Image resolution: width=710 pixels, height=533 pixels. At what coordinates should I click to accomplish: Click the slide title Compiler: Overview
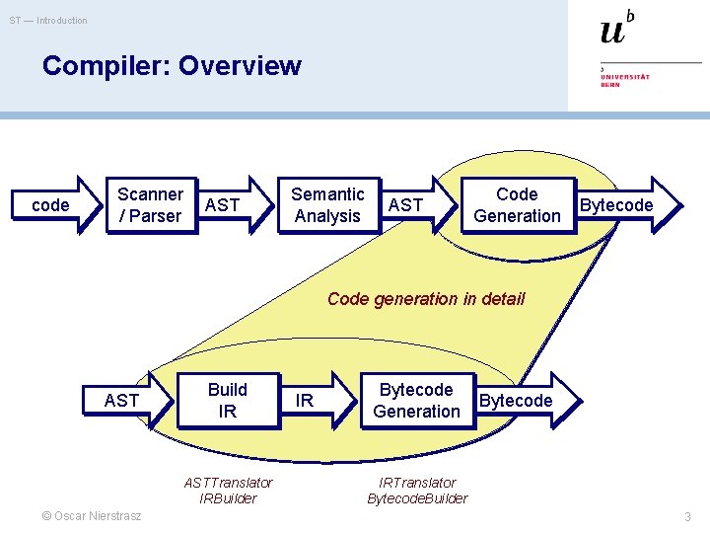172,66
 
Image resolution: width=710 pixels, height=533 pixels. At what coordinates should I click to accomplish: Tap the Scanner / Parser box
150,205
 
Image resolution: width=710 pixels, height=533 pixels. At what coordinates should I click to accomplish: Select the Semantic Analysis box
327,205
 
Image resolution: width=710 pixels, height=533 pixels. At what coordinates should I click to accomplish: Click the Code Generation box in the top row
517,205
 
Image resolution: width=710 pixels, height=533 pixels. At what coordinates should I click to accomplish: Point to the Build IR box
228,401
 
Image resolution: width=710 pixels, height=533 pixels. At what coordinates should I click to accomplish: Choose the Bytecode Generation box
416,401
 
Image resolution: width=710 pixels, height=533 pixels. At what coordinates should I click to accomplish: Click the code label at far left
50,205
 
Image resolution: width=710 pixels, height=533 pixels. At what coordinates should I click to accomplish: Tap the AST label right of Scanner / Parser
223,204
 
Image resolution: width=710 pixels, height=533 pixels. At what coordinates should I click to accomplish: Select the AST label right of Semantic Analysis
406,204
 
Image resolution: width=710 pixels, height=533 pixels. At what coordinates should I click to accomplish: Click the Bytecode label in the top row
616,205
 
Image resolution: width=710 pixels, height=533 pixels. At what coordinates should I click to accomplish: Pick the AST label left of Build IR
121,400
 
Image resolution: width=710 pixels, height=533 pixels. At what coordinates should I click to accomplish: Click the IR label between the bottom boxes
305,401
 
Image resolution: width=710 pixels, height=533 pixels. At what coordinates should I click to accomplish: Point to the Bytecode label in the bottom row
515,401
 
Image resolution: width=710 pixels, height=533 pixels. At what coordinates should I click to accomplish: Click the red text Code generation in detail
426,299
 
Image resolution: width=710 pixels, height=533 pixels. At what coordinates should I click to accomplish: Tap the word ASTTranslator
228,483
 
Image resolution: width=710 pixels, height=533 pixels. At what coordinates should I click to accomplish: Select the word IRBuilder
228,498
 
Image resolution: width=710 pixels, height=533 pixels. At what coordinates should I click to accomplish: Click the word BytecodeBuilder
417,498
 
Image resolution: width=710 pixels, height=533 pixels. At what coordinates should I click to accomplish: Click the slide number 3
688,517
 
